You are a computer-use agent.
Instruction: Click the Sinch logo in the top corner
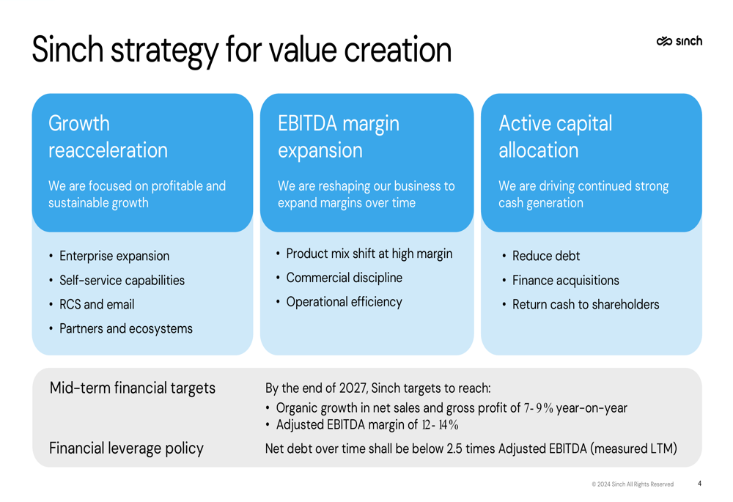click(679, 41)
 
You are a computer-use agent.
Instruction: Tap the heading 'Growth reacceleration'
click(108, 136)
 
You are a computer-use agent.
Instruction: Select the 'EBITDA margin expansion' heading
click(339, 136)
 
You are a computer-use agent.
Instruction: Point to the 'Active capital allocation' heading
click(556, 136)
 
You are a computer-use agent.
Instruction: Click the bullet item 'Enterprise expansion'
click(114, 256)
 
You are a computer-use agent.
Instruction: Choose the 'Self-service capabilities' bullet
click(122, 281)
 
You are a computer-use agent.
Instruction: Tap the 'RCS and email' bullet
click(97, 304)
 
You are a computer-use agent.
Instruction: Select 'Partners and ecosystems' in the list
click(126, 328)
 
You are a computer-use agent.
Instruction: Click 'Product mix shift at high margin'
click(369, 254)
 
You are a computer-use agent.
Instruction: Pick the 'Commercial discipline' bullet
click(344, 278)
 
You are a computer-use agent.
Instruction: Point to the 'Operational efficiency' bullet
click(344, 302)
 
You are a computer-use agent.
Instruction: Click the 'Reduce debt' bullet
click(546, 256)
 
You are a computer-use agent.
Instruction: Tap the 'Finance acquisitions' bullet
click(566, 281)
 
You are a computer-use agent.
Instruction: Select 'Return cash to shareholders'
click(586, 304)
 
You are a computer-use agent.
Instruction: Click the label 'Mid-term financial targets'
click(132, 388)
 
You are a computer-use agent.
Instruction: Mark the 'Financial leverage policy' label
click(126, 449)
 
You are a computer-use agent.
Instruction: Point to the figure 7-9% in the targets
click(539, 408)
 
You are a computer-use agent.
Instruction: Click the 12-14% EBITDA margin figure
click(440, 425)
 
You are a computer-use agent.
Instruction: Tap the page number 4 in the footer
click(699, 483)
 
